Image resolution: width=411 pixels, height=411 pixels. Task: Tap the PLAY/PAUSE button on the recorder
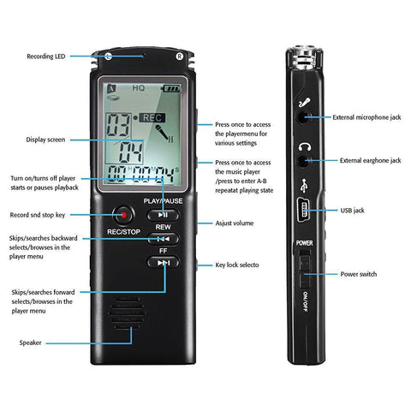(163, 214)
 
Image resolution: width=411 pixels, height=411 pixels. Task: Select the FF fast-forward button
(163, 263)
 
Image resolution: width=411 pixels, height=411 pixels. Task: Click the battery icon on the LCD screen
(173, 87)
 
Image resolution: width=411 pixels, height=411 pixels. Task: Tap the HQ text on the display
(138, 87)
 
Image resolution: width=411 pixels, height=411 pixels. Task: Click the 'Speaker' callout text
(30, 342)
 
